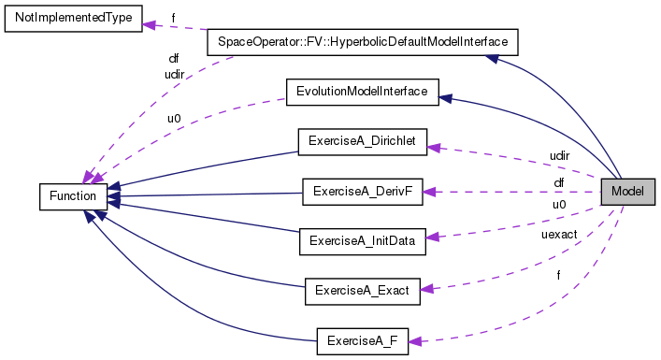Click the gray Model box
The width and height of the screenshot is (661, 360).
coord(627,193)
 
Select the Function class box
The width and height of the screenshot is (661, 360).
coord(73,196)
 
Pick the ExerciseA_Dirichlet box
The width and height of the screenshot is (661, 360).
coord(361,142)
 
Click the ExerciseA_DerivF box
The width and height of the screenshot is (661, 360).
coord(361,193)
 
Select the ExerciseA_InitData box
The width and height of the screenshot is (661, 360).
coord(361,240)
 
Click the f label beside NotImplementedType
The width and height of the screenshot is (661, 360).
coord(173,17)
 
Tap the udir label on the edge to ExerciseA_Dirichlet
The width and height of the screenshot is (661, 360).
coord(559,153)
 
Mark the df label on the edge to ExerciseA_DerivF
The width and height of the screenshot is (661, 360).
coord(559,182)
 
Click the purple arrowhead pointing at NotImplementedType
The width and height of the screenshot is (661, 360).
coord(150,24)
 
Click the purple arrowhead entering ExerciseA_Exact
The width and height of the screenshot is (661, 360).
coord(427,290)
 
